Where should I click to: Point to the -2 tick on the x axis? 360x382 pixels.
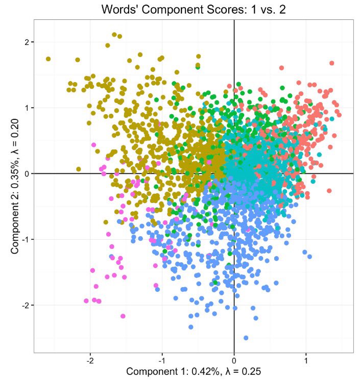(x=90, y=361)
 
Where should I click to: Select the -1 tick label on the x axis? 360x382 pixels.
(x=162, y=361)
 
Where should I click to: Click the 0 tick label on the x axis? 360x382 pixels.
(x=234, y=361)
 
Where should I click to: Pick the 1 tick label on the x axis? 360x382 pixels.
(x=306, y=361)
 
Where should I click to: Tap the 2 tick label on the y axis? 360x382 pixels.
(x=27, y=42)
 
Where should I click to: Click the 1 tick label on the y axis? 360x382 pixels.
(x=27, y=108)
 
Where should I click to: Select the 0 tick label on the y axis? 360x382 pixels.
(x=27, y=173)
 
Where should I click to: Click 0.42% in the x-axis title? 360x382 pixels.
(x=198, y=372)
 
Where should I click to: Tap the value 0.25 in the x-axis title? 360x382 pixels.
(x=250, y=372)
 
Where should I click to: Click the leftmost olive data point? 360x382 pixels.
(x=48, y=59)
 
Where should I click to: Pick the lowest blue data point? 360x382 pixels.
(x=246, y=338)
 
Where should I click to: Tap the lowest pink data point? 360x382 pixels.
(x=123, y=316)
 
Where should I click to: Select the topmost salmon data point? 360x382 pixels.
(x=331, y=63)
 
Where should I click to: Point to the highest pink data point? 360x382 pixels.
(x=94, y=145)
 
